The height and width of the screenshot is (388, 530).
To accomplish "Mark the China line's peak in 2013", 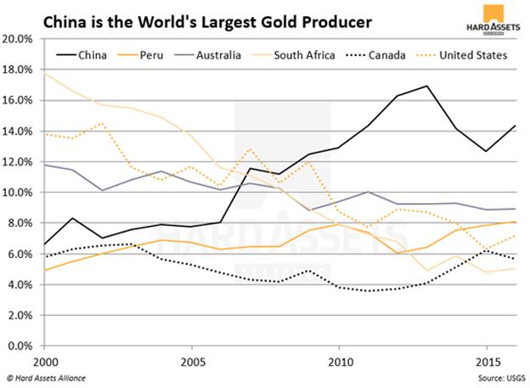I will pos(426,86).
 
